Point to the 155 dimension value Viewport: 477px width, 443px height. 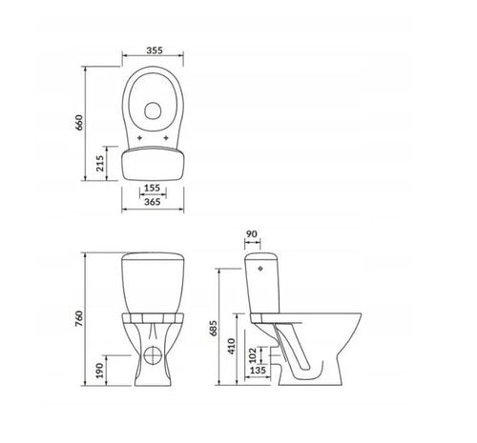pyautogui.click(x=153, y=190)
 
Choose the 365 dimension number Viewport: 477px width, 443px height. pyautogui.click(x=153, y=203)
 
